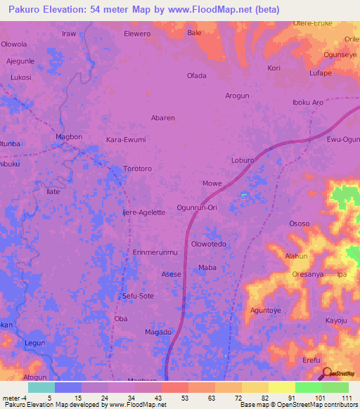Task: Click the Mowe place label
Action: point(212,183)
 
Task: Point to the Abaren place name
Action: point(163,118)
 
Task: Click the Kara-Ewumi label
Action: point(125,140)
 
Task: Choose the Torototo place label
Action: point(138,169)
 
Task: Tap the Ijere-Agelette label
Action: point(143,212)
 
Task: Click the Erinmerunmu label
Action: point(155,252)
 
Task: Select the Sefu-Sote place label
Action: point(138,296)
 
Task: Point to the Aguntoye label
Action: point(266,310)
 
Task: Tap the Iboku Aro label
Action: point(307,103)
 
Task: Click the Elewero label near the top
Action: point(137,33)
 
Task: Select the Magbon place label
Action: point(70,136)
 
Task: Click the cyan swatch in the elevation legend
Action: point(41,387)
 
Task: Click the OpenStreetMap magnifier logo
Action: point(328,372)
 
